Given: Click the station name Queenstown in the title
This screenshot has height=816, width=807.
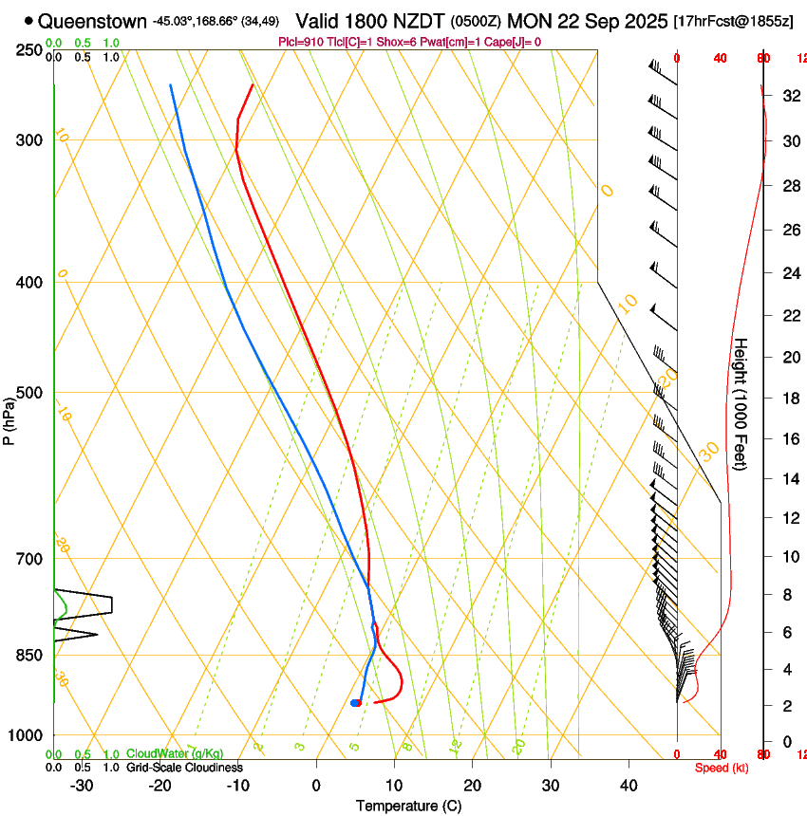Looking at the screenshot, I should (93, 21).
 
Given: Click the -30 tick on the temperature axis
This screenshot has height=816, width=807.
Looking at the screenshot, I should (82, 785).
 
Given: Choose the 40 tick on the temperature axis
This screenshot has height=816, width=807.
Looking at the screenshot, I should (629, 785).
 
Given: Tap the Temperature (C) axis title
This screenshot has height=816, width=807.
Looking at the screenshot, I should (408, 806).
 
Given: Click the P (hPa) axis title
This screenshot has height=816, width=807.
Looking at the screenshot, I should (9, 421).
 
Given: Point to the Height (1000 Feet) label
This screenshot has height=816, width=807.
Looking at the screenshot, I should (741, 404).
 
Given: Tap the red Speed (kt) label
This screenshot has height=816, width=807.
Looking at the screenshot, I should (722, 768).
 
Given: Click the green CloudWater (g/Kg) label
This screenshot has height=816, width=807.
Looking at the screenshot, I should (176, 753).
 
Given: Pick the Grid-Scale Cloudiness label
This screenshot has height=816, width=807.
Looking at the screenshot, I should (184, 768).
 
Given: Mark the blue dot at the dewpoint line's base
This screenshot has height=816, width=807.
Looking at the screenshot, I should (355, 703).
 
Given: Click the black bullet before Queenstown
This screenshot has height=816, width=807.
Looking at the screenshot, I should (29, 21).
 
